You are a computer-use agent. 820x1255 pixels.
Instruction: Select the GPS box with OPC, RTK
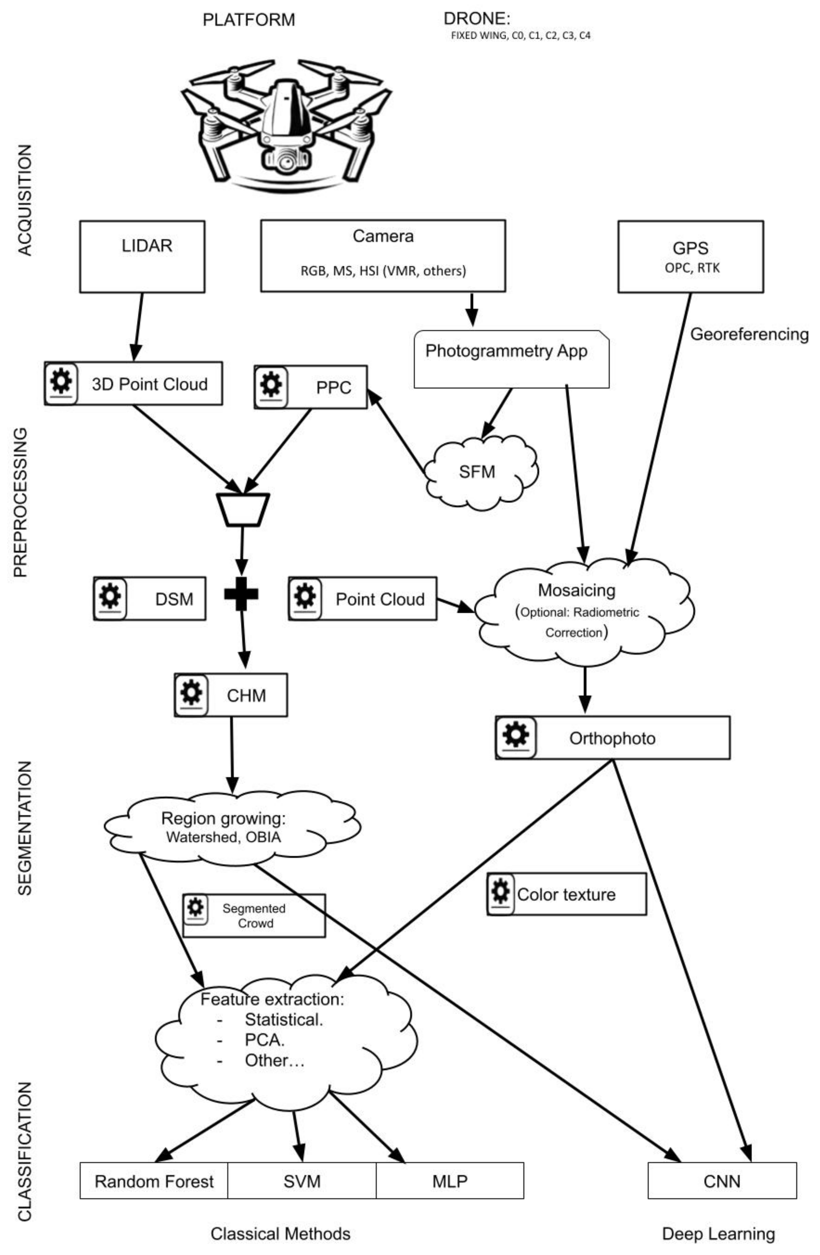point(690,257)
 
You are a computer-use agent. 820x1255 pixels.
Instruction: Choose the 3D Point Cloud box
point(134,383)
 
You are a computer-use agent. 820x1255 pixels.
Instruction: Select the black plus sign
point(241,594)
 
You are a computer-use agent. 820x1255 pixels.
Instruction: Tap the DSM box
point(149,598)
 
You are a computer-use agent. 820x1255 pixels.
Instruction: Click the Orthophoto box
point(612,738)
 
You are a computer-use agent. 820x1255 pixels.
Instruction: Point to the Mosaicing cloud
point(581,612)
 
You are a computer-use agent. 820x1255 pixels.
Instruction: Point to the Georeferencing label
point(749,334)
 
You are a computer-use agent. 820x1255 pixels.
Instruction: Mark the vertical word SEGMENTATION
point(25,828)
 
